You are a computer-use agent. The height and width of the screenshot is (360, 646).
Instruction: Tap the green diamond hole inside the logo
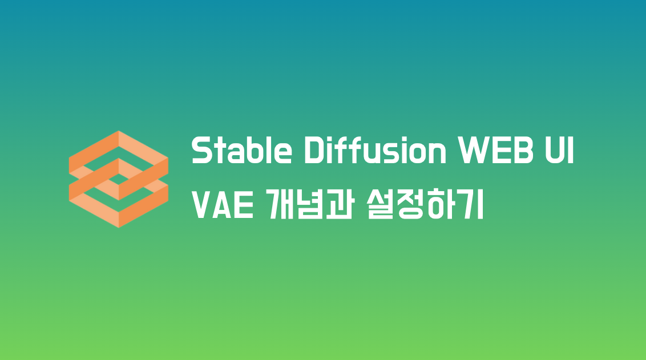tap(118, 179)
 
